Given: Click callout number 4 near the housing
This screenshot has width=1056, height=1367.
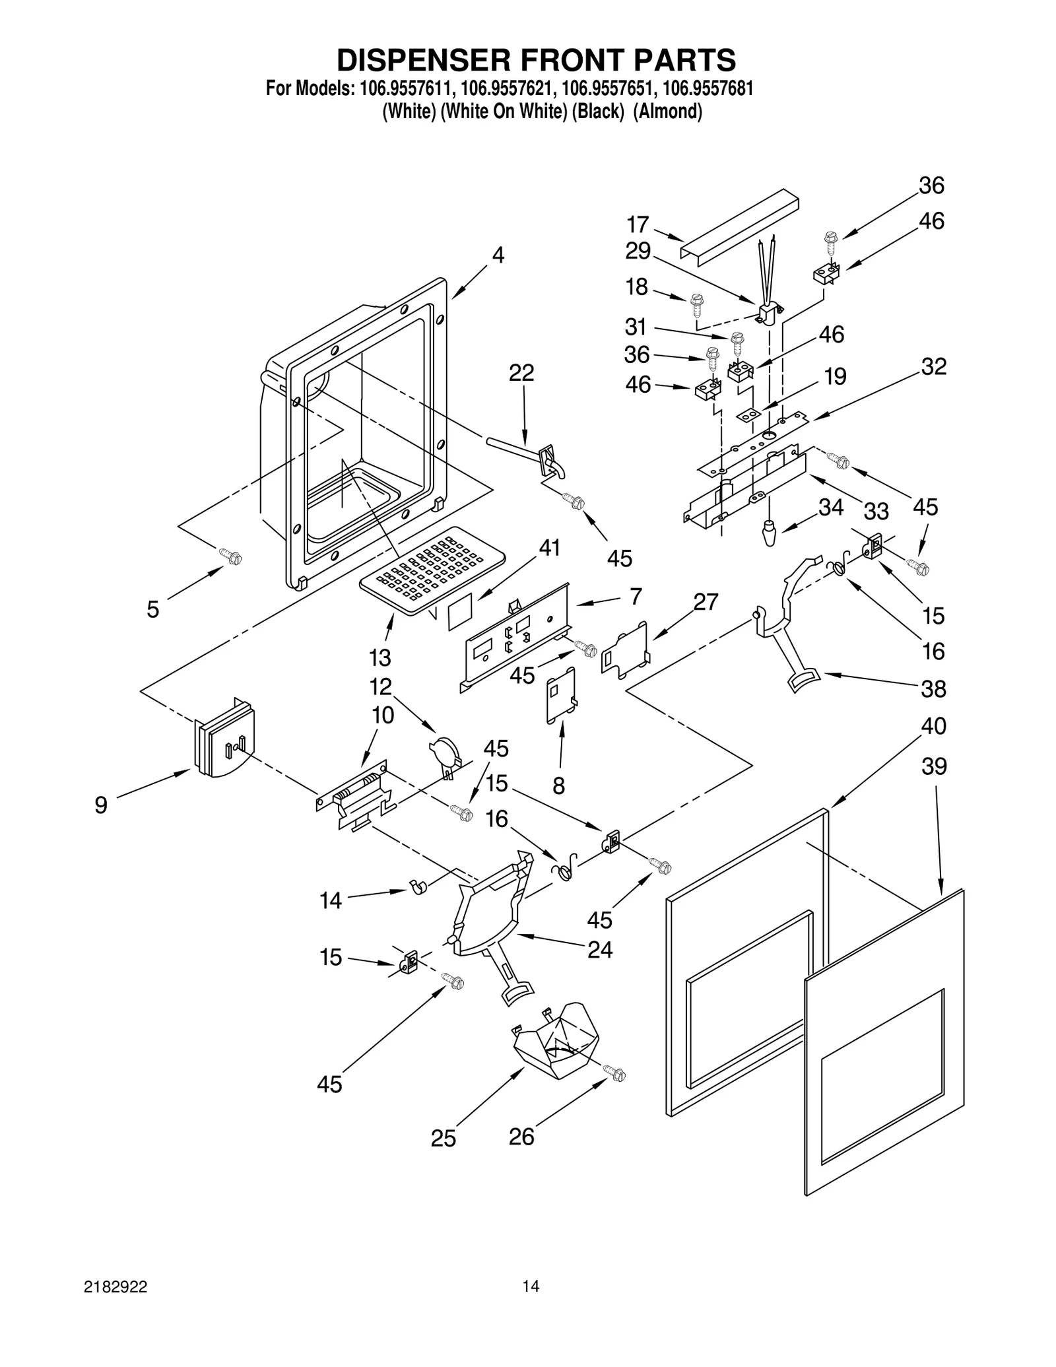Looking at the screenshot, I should click(498, 255).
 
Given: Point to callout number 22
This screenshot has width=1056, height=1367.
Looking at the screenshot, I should click(521, 373).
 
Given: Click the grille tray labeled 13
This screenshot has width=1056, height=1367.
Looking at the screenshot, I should click(429, 570).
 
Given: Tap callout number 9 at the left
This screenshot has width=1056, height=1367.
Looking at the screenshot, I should click(100, 805).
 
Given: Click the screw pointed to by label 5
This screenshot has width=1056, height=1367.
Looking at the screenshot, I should click(231, 557).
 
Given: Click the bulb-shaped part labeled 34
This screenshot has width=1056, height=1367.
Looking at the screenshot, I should click(768, 533).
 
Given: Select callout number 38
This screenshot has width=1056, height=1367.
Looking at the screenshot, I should click(933, 688).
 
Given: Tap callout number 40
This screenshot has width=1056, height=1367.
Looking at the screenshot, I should click(933, 726).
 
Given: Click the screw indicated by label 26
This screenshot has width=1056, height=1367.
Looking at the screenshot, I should click(615, 1074).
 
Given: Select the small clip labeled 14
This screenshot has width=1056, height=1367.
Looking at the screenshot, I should click(418, 886).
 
